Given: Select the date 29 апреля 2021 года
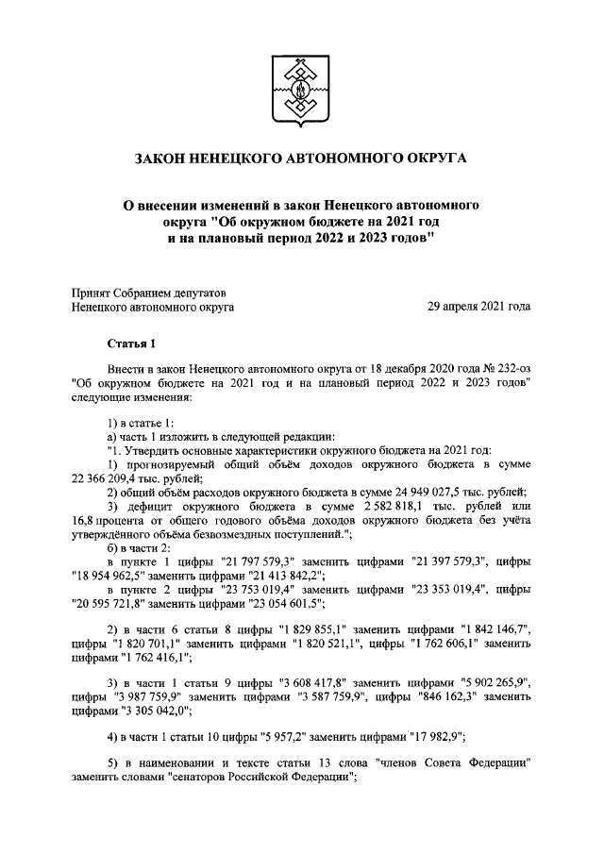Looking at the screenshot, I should tap(479, 307).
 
